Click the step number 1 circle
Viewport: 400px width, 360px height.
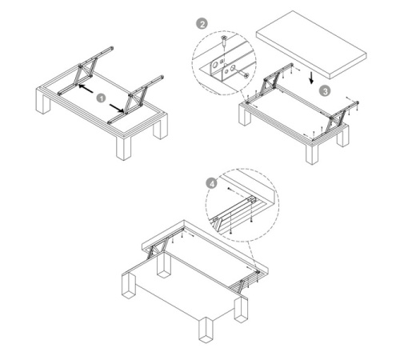(x=101, y=98)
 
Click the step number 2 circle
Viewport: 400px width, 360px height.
(x=202, y=24)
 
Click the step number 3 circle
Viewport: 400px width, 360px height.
(x=325, y=91)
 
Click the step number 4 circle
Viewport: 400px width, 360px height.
(x=212, y=184)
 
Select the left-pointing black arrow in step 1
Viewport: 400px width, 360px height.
(x=86, y=88)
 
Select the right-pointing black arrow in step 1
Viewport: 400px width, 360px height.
(x=117, y=108)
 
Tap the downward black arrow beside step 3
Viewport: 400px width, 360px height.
(x=311, y=77)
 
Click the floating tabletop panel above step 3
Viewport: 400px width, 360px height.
(x=311, y=45)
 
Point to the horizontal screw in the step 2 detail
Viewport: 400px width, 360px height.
(x=243, y=74)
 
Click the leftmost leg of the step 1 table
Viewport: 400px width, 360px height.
(x=42, y=102)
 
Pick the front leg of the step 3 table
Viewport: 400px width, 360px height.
(x=312, y=154)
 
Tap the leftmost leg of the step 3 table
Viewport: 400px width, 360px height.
(x=246, y=115)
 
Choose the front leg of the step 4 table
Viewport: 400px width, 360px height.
(x=206, y=330)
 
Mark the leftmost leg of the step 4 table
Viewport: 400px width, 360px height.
(x=129, y=285)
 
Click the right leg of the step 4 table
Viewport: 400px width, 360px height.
(x=242, y=310)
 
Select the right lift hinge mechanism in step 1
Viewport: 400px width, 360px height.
(x=135, y=100)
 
